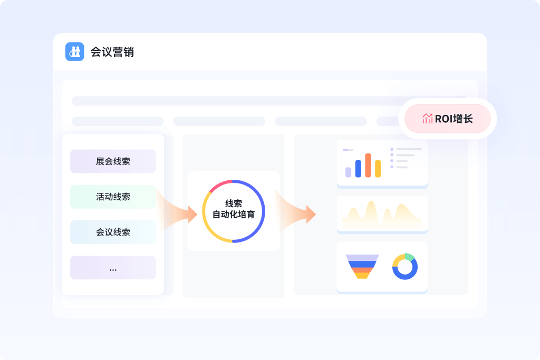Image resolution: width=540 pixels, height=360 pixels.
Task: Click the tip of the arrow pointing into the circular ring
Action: coord(197,214)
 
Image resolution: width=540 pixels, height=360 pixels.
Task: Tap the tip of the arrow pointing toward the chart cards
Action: coord(316,214)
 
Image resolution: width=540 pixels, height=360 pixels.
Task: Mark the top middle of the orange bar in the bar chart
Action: coord(368,153)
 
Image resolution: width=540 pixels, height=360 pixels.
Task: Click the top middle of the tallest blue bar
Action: coord(358,160)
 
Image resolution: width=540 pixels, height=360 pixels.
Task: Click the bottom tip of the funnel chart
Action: coord(362,278)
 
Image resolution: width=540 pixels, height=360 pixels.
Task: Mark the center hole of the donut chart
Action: coord(405,267)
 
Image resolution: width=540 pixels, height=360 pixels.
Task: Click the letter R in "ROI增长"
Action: coord(438,119)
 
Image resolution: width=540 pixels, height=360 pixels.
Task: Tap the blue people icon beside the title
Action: coord(75,52)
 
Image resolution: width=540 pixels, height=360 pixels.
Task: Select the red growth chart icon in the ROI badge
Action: coord(427,119)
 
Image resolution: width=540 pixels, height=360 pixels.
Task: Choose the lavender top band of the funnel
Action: coord(362,257)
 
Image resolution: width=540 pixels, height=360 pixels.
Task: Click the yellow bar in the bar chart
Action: coord(378,169)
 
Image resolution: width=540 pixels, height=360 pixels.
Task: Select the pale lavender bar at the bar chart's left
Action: coord(348,172)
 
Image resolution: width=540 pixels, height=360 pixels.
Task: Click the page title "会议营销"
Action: coord(112,52)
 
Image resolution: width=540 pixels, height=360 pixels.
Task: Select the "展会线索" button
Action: coord(113,161)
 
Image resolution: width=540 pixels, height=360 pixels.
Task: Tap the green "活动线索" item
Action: coord(113,197)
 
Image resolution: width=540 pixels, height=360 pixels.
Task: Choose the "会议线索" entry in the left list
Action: coord(113,232)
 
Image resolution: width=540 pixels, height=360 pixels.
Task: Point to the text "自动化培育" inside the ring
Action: coord(234,215)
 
